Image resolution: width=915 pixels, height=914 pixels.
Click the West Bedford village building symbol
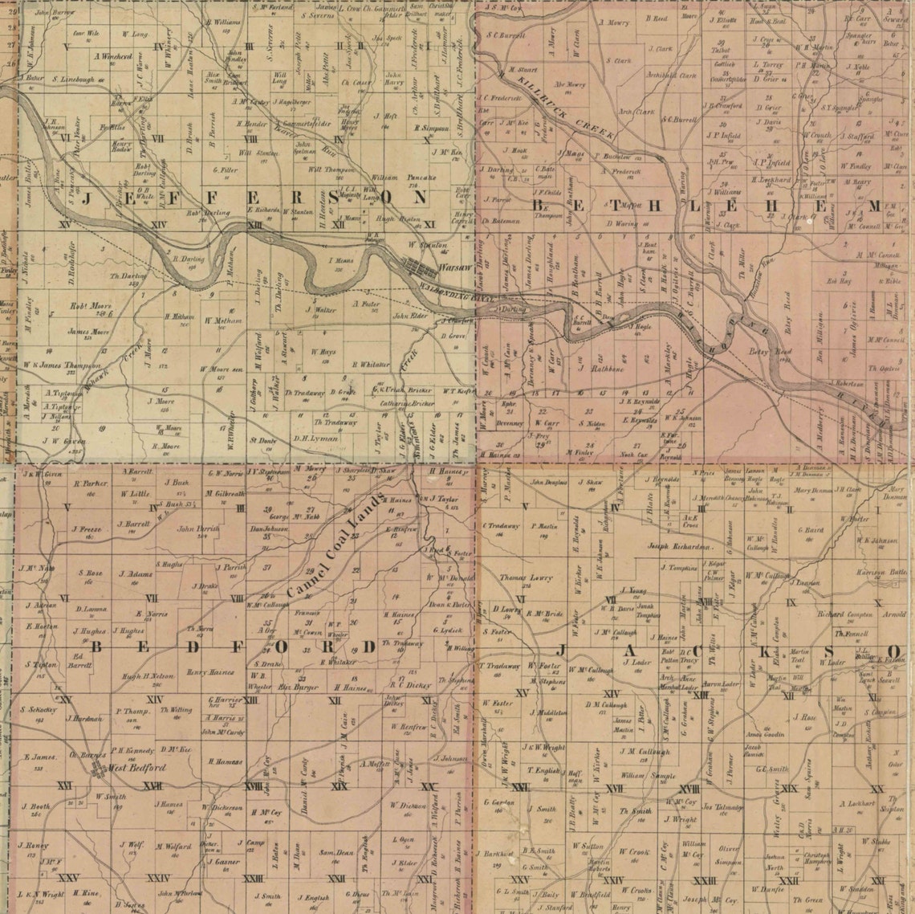point(98,769)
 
